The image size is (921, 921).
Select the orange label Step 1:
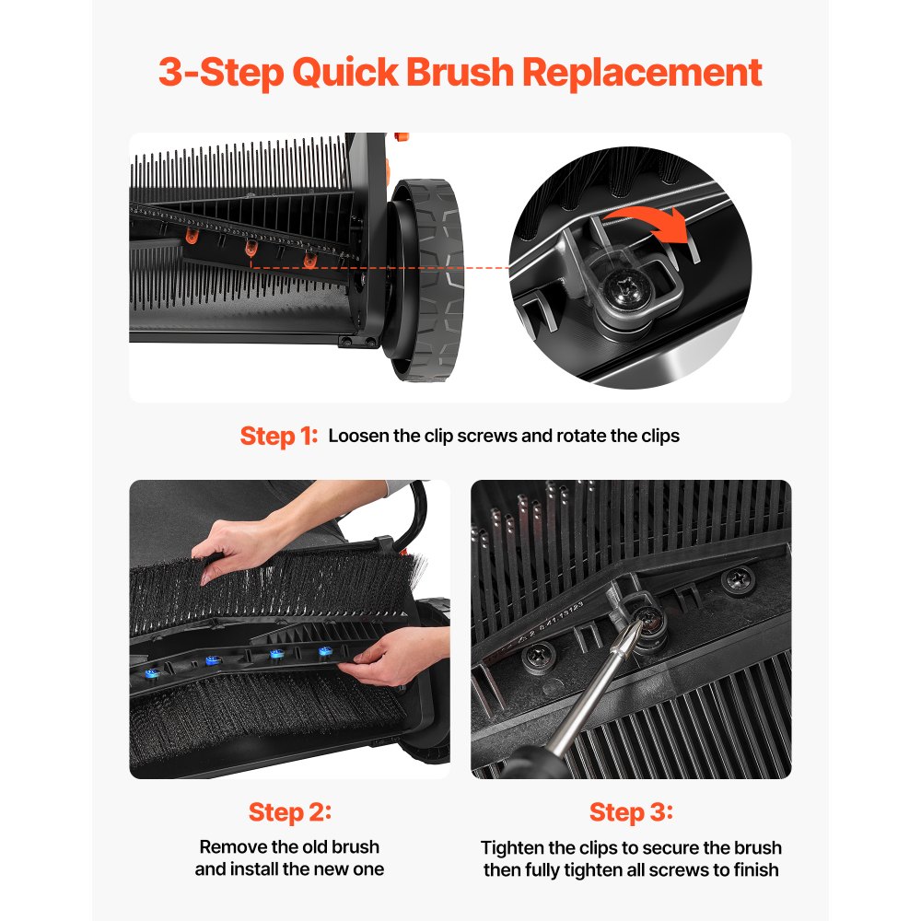coord(278,436)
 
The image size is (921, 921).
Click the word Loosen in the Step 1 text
coord(358,436)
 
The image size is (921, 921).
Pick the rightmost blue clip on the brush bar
coord(323,651)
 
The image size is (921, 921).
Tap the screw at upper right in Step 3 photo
coord(738,579)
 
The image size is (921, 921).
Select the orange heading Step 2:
coord(289,812)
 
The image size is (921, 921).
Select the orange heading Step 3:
coord(631,812)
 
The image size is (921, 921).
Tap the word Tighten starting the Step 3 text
coord(514,847)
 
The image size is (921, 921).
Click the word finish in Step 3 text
coord(754,869)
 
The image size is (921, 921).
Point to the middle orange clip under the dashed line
coord(250,248)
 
